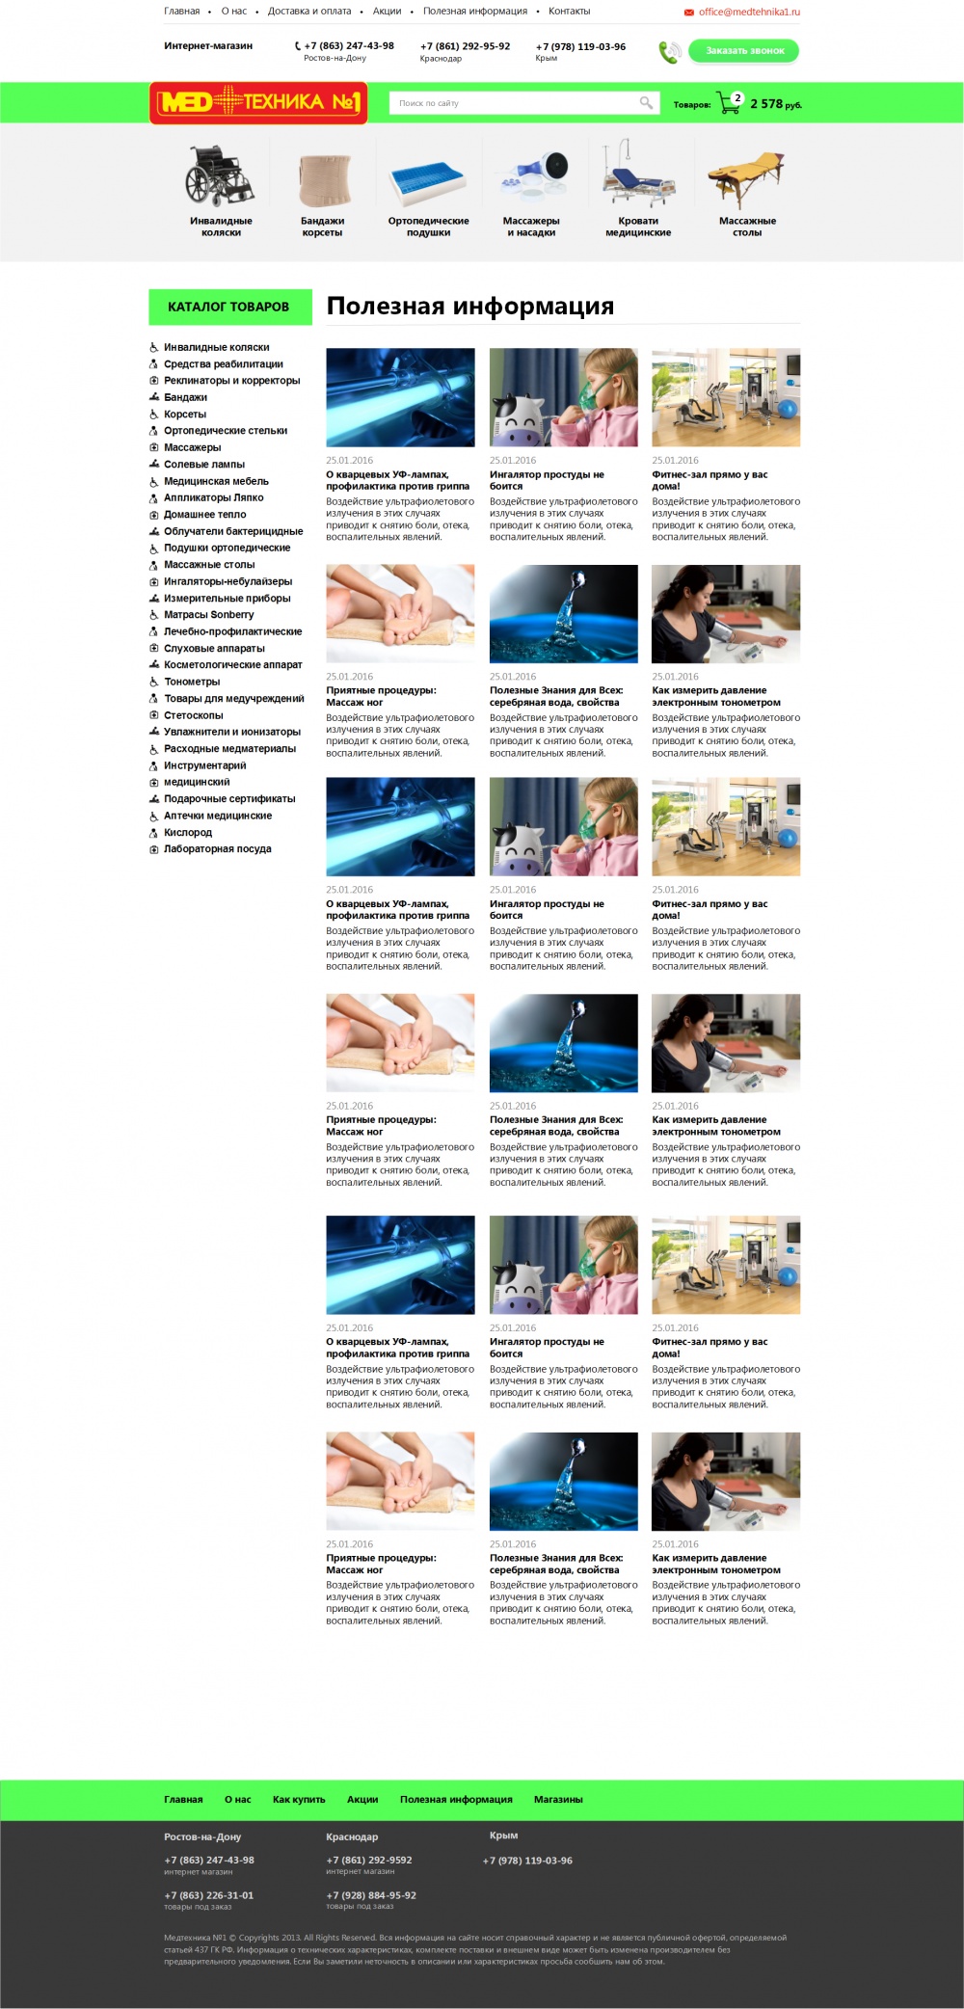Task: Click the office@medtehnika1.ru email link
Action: (x=749, y=13)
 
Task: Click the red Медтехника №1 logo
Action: (x=258, y=103)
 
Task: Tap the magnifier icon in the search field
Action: (x=646, y=102)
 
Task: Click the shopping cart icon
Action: (x=729, y=103)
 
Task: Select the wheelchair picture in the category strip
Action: (x=220, y=174)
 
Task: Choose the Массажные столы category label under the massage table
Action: (x=747, y=227)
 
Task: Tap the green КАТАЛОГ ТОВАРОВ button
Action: (x=230, y=307)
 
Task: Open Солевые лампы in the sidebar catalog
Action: (x=204, y=465)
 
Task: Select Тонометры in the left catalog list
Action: (x=192, y=682)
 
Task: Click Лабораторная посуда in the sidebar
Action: (x=218, y=849)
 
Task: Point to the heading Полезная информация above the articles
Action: (x=470, y=306)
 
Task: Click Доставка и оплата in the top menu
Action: (x=309, y=12)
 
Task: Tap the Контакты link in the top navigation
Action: (x=569, y=12)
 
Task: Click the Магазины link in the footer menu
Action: (x=558, y=1799)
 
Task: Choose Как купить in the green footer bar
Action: (x=299, y=1799)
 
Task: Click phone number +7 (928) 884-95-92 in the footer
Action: (x=371, y=1894)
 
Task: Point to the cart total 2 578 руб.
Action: (x=776, y=104)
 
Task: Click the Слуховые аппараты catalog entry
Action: (x=214, y=649)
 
